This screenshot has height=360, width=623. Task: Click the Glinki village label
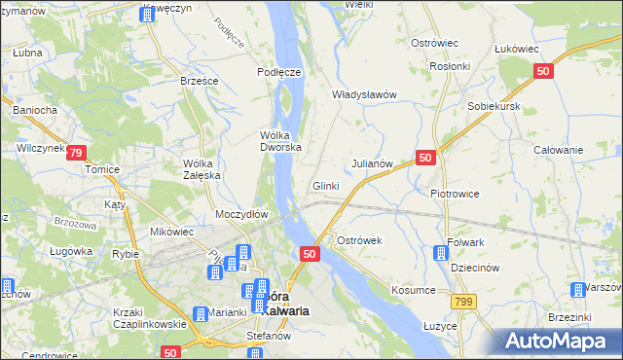click(325, 186)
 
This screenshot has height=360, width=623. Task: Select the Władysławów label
click(365, 94)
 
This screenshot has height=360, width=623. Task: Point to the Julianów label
click(371, 163)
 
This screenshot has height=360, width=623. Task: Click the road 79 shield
click(78, 153)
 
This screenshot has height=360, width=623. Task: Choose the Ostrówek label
click(359, 239)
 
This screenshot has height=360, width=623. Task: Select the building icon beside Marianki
click(200, 313)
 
